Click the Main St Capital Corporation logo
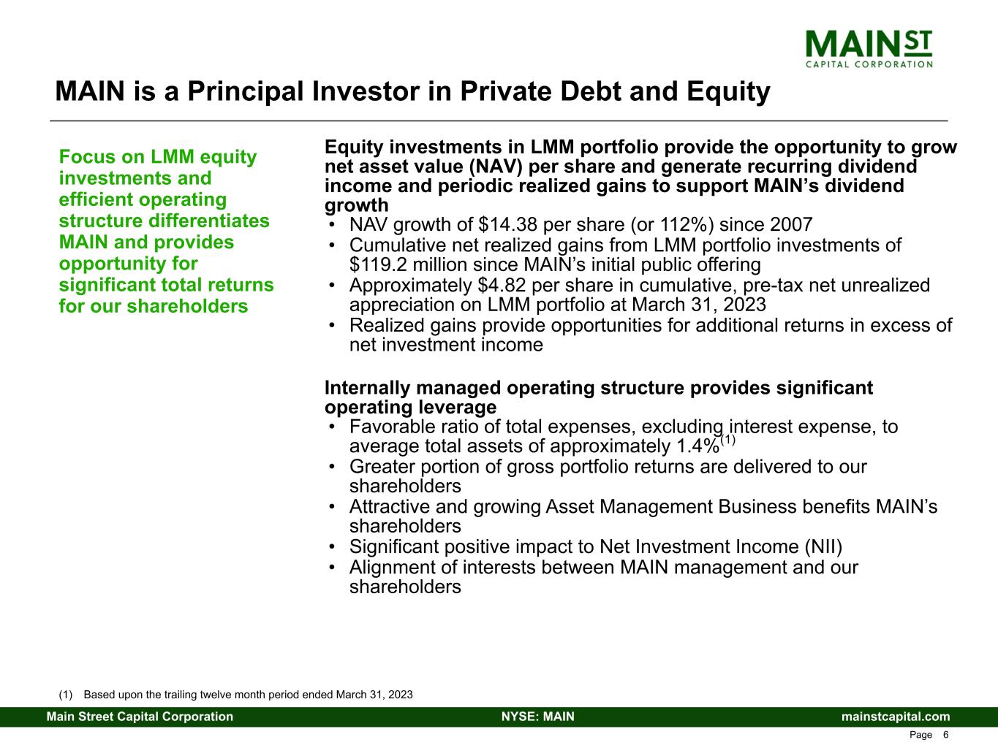pyautogui.click(x=869, y=48)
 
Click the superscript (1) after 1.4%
pyautogui.click(x=727, y=440)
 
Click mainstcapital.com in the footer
pyautogui.click(x=896, y=717)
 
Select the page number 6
pyautogui.click(x=945, y=735)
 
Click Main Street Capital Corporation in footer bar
pyautogui.click(x=140, y=717)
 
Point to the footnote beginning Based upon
pyautogui.click(x=249, y=695)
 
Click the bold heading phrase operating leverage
pyautogui.click(x=410, y=407)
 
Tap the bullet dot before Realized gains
pyautogui.click(x=333, y=326)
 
